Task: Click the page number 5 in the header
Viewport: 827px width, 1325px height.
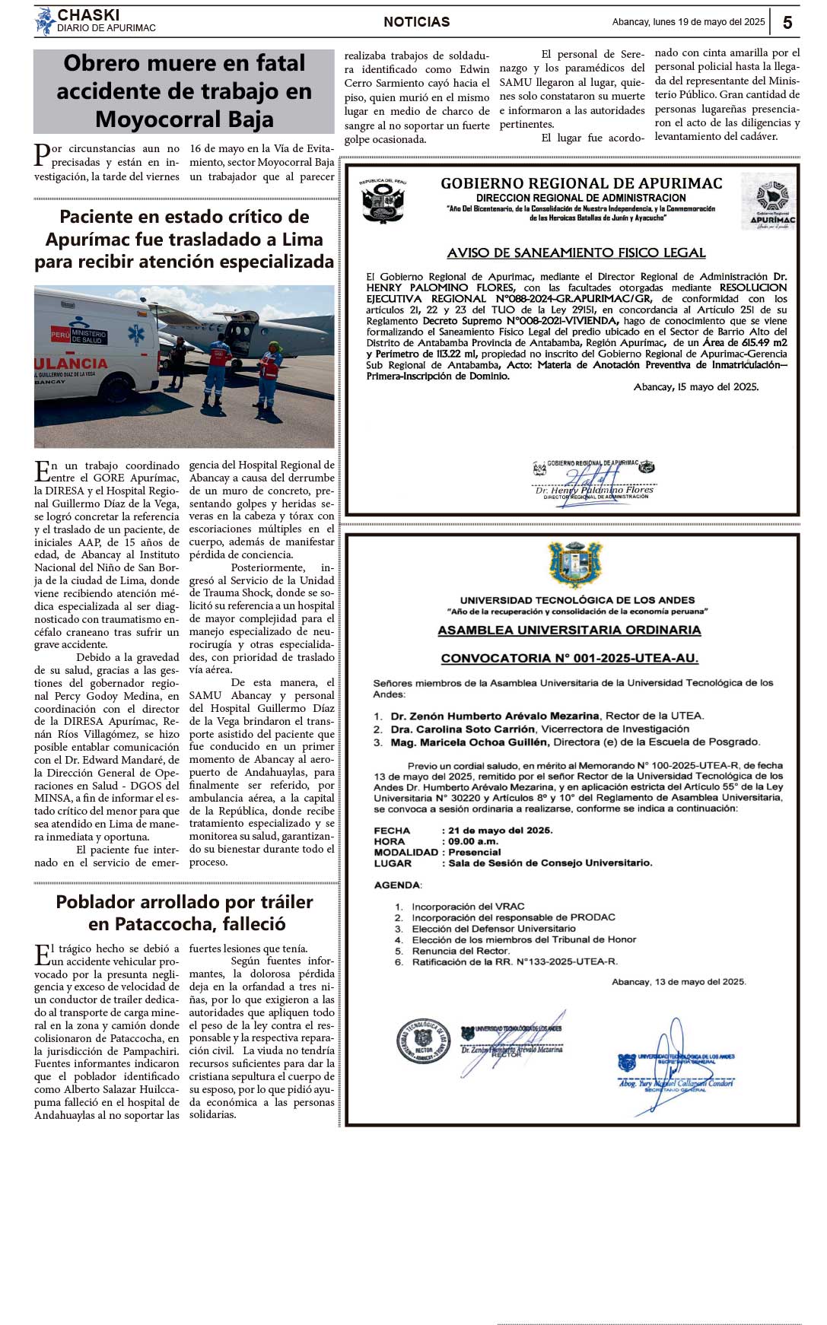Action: tap(787, 22)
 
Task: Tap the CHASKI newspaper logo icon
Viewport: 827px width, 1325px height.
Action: tap(45, 21)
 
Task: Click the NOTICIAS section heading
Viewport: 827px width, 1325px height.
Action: tap(416, 22)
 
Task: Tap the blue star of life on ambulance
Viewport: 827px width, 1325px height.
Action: tap(136, 334)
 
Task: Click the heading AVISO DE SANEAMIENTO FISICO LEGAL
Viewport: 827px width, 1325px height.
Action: tap(576, 253)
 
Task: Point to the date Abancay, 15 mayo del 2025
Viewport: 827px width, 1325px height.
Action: tap(695, 387)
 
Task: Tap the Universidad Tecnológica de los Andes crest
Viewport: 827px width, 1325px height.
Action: tap(576, 565)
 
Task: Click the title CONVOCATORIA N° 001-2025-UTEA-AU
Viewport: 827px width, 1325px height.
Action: tap(569, 659)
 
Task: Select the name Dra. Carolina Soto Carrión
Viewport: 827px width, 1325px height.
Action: tap(463, 729)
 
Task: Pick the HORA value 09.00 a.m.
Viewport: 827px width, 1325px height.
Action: tap(473, 841)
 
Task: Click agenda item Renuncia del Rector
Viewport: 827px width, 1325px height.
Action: tap(460, 951)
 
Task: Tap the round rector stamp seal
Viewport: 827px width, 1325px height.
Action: tap(423, 1040)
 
